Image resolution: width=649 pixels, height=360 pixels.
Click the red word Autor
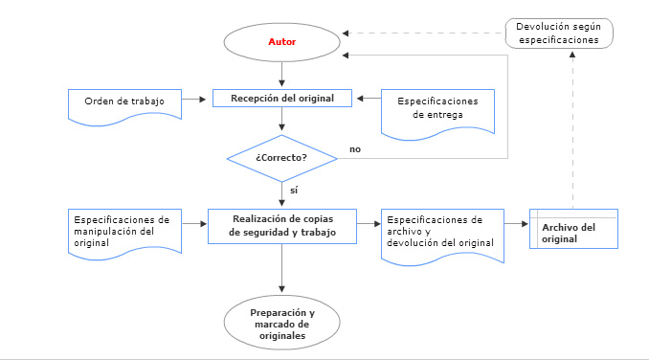[280, 43]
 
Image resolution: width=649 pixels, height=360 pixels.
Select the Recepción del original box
[281, 98]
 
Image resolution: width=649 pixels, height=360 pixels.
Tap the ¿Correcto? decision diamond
[281, 156]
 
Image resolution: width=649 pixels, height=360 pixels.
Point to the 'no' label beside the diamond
[355, 149]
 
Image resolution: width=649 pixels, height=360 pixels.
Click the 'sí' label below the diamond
[294, 191]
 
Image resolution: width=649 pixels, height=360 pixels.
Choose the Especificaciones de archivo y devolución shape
[437, 231]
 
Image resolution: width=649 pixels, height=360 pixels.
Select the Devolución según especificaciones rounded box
[558, 34]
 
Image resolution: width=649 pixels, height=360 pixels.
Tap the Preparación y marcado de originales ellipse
[281, 324]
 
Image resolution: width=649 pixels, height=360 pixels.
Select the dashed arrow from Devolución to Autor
[421, 34]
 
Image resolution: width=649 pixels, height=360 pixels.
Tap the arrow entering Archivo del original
[514, 225]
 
